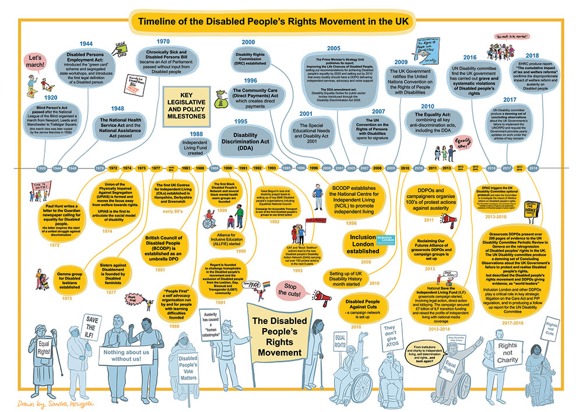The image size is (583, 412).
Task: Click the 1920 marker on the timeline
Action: click(41, 168)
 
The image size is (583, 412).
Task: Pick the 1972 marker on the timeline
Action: click(113, 168)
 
